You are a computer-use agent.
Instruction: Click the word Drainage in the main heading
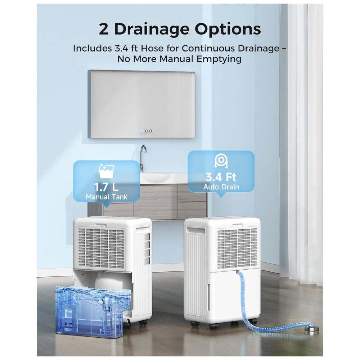(x=152, y=30)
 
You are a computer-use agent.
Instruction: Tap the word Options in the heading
(x=228, y=30)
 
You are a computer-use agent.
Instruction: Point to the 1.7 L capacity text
(x=106, y=186)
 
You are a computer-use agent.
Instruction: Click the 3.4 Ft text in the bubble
(x=221, y=177)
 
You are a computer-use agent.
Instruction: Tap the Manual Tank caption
(x=106, y=197)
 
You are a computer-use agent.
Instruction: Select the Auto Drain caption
(x=221, y=187)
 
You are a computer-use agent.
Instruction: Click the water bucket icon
(x=106, y=171)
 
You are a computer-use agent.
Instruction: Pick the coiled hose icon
(x=221, y=161)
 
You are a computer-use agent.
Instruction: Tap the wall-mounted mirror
(x=141, y=104)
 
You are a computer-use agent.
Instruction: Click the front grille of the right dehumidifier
(x=237, y=248)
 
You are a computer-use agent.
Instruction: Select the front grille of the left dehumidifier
(x=101, y=248)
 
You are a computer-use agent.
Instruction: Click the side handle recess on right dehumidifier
(x=195, y=230)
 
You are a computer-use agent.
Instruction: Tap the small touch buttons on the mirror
(x=148, y=131)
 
